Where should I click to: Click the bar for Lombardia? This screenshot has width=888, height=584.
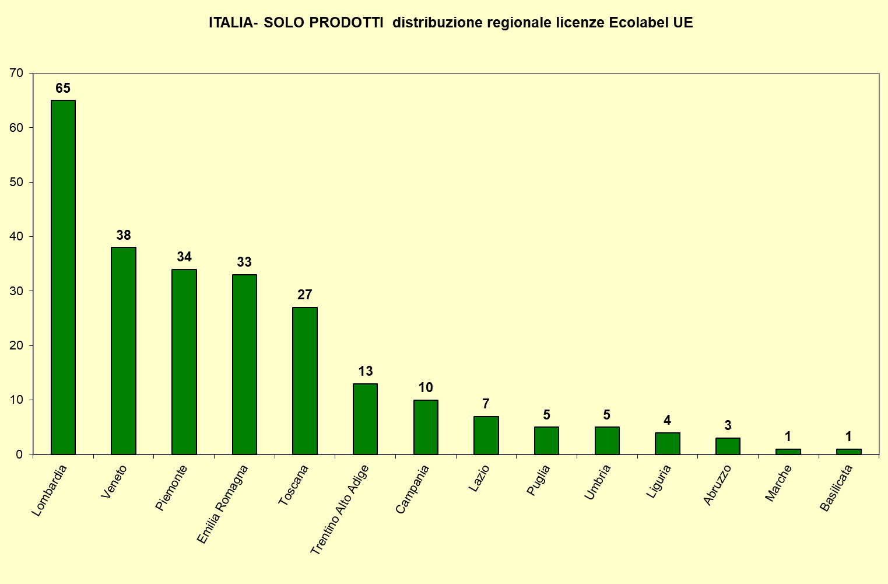click(x=63, y=277)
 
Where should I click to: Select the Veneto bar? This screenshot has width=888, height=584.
click(x=124, y=351)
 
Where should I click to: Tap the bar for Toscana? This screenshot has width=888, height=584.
click(x=305, y=380)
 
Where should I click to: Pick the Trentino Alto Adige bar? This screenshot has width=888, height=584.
click(x=365, y=419)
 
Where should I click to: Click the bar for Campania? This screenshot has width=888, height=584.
click(x=426, y=427)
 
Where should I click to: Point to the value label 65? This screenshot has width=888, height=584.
click(x=63, y=88)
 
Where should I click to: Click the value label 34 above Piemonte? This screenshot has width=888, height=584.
click(x=184, y=257)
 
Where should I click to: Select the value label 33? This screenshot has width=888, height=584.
click(x=244, y=262)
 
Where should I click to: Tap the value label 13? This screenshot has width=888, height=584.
click(x=366, y=371)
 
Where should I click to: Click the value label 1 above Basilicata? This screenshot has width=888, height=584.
click(x=848, y=436)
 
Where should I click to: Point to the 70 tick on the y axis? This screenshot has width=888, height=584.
click(x=17, y=74)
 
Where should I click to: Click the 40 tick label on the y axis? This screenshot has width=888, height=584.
click(x=17, y=237)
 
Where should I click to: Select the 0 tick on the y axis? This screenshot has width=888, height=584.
click(x=20, y=454)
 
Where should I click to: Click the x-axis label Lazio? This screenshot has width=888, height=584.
click(x=479, y=478)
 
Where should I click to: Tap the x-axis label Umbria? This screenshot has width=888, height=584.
click(x=598, y=482)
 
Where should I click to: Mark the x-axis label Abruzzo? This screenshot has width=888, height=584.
click(x=717, y=485)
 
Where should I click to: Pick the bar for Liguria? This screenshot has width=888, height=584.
click(x=667, y=443)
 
